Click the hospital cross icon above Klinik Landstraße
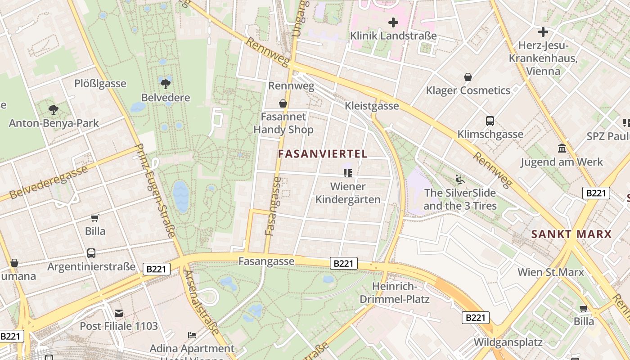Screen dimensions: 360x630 click(x=393, y=22)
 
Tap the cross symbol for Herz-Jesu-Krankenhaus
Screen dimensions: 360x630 click(x=543, y=32)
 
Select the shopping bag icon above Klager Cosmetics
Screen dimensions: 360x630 click(x=468, y=77)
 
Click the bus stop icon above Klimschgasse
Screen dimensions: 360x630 click(x=490, y=121)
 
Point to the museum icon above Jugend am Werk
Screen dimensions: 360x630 click(x=562, y=148)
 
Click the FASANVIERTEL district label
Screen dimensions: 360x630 click(x=323, y=154)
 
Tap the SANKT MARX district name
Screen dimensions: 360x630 click(x=571, y=234)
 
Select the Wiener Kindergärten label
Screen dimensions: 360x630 click(x=348, y=193)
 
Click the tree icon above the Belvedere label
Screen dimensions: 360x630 click(x=165, y=83)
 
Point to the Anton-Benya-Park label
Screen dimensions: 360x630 click(x=54, y=123)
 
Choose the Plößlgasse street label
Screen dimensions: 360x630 click(x=100, y=84)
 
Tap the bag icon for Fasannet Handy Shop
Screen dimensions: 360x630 click(x=283, y=104)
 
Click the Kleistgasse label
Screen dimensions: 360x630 click(x=372, y=106)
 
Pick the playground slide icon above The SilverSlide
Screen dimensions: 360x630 click(x=459, y=180)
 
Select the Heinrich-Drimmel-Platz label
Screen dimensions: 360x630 click(x=395, y=293)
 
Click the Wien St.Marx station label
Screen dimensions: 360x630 click(x=550, y=272)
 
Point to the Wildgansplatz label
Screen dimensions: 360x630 click(x=508, y=342)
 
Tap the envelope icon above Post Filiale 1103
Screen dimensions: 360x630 click(x=119, y=313)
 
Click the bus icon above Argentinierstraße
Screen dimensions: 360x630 click(x=91, y=253)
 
